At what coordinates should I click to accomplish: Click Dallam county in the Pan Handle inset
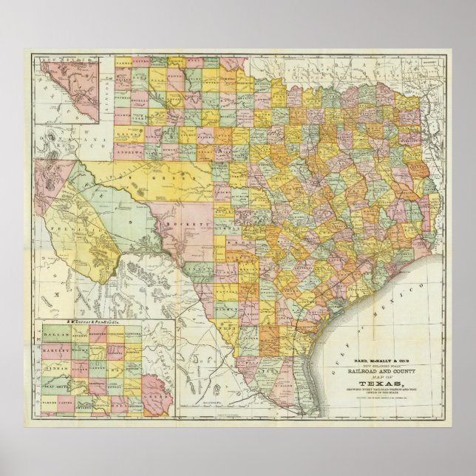click(x=57, y=333)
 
